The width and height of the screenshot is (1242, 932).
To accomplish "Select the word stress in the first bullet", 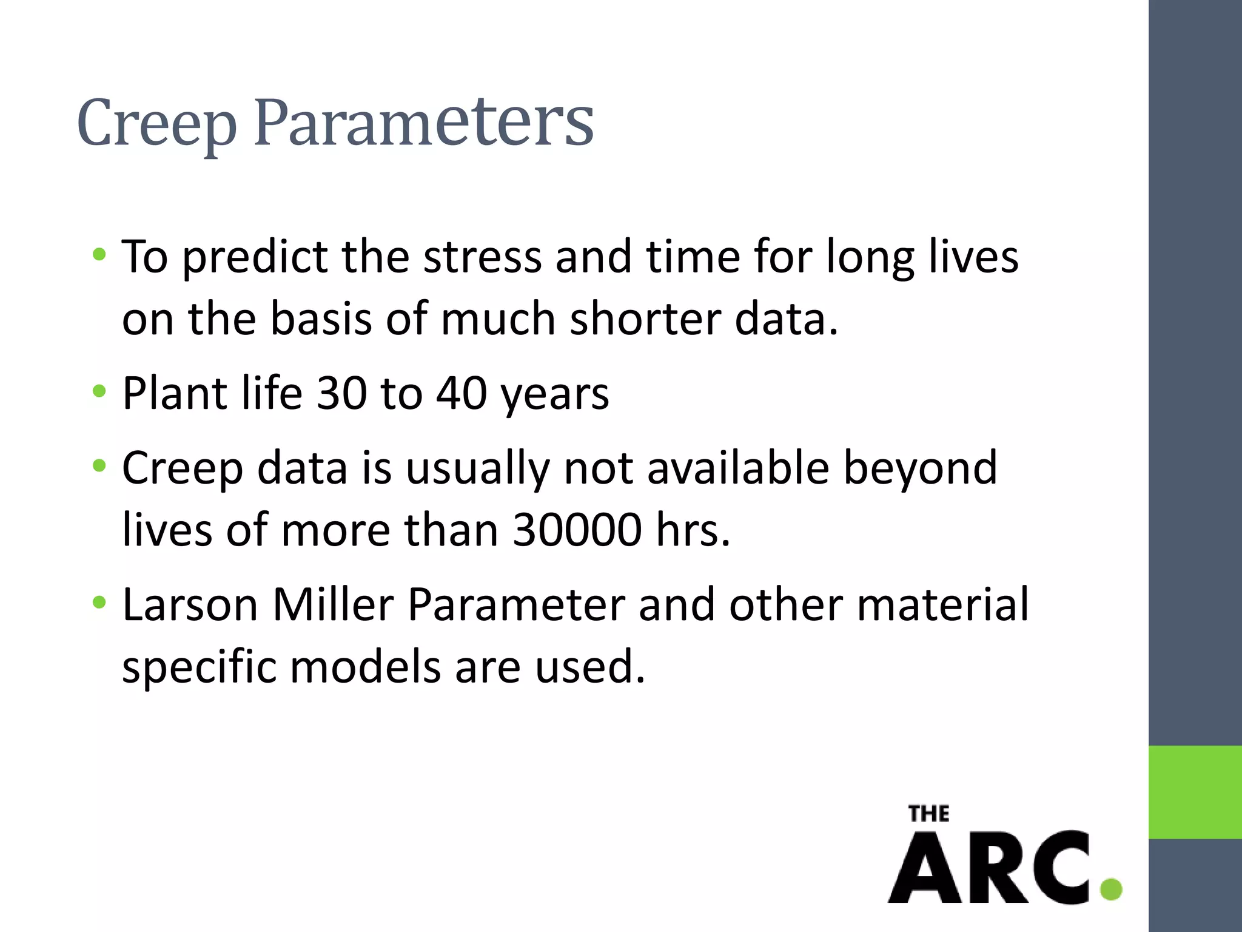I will pyautogui.click(x=482, y=256).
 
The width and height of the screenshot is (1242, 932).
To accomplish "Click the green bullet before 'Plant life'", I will pyautogui.click(x=99, y=391).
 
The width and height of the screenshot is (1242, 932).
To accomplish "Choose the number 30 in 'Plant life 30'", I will pyautogui.click(x=341, y=393).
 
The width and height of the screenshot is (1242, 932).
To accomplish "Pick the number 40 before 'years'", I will pyautogui.click(x=462, y=393).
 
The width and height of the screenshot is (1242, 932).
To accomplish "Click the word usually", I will pyautogui.click(x=477, y=470).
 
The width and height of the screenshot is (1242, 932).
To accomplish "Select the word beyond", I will pyautogui.click(x=920, y=470).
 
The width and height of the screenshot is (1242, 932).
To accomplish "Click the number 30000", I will pyautogui.click(x=577, y=530).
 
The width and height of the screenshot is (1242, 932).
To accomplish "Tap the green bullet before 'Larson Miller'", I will pyautogui.click(x=99, y=603).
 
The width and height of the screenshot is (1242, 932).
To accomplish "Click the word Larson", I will pyautogui.click(x=190, y=605).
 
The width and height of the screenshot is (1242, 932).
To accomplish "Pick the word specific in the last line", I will pyautogui.click(x=200, y=668).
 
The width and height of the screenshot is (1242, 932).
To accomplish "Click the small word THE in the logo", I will pyautogui.click(x=928, y=814).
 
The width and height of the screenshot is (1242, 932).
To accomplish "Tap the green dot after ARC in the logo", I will pyautogui.click(x=1110, y=889).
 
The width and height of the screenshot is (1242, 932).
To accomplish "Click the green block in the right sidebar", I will pyautogui.click(x=1195, y=792).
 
